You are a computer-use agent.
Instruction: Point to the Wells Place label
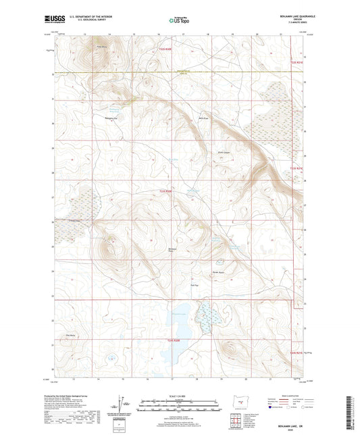pos(201,119)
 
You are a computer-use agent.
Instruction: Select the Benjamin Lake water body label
pos(177,312)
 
